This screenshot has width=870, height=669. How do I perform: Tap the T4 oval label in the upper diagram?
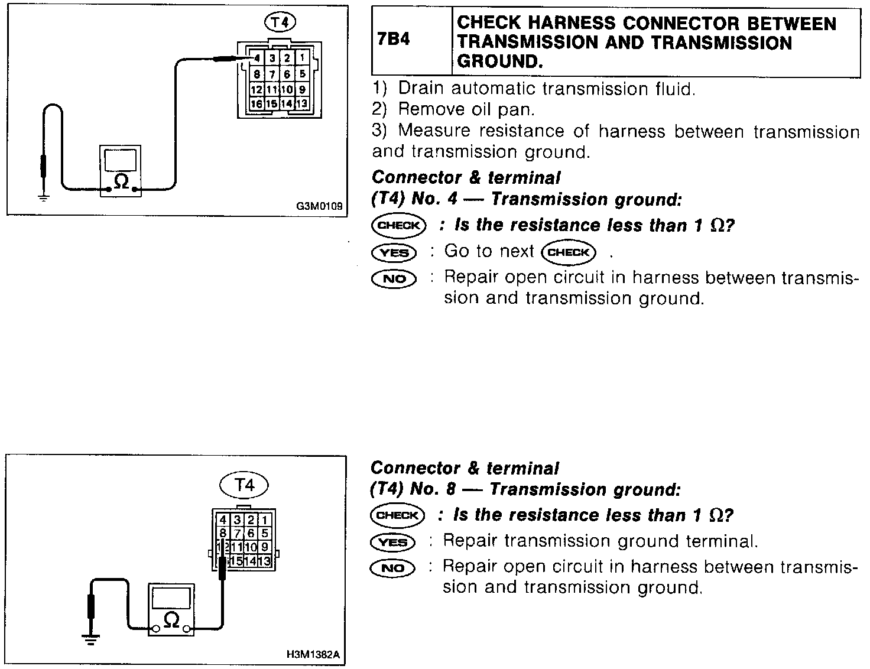[x=280, y=22]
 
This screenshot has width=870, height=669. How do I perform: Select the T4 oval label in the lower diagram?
[x=244, y=485]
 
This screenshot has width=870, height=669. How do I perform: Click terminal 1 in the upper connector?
[x=301, y=58]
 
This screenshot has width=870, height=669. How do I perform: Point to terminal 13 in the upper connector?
[x=301, y=104]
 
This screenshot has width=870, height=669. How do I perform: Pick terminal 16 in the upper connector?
[x=257, y=104]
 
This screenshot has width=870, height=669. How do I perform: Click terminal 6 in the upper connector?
[x=287, y=74]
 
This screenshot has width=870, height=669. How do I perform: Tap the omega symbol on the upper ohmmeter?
[x=121, y=181]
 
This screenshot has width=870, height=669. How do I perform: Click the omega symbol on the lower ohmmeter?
[x=171, y=619]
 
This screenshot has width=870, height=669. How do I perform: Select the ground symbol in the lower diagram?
[x=91, y=638]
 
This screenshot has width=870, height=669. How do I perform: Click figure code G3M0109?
[x=319, y=207]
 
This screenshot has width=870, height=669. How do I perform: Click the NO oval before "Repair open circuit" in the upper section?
[x=394, y=278]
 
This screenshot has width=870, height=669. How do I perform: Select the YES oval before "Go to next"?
[x=394, y=253]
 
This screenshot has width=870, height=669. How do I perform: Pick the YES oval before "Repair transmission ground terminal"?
[x=392, y=542]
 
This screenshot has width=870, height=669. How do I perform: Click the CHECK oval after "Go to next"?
[x=569, y=253]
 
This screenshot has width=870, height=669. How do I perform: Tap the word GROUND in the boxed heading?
[x=499, y=62]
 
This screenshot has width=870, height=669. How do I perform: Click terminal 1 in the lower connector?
[x=265, y=521]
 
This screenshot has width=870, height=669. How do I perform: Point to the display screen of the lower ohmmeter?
[x=171, y=598]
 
